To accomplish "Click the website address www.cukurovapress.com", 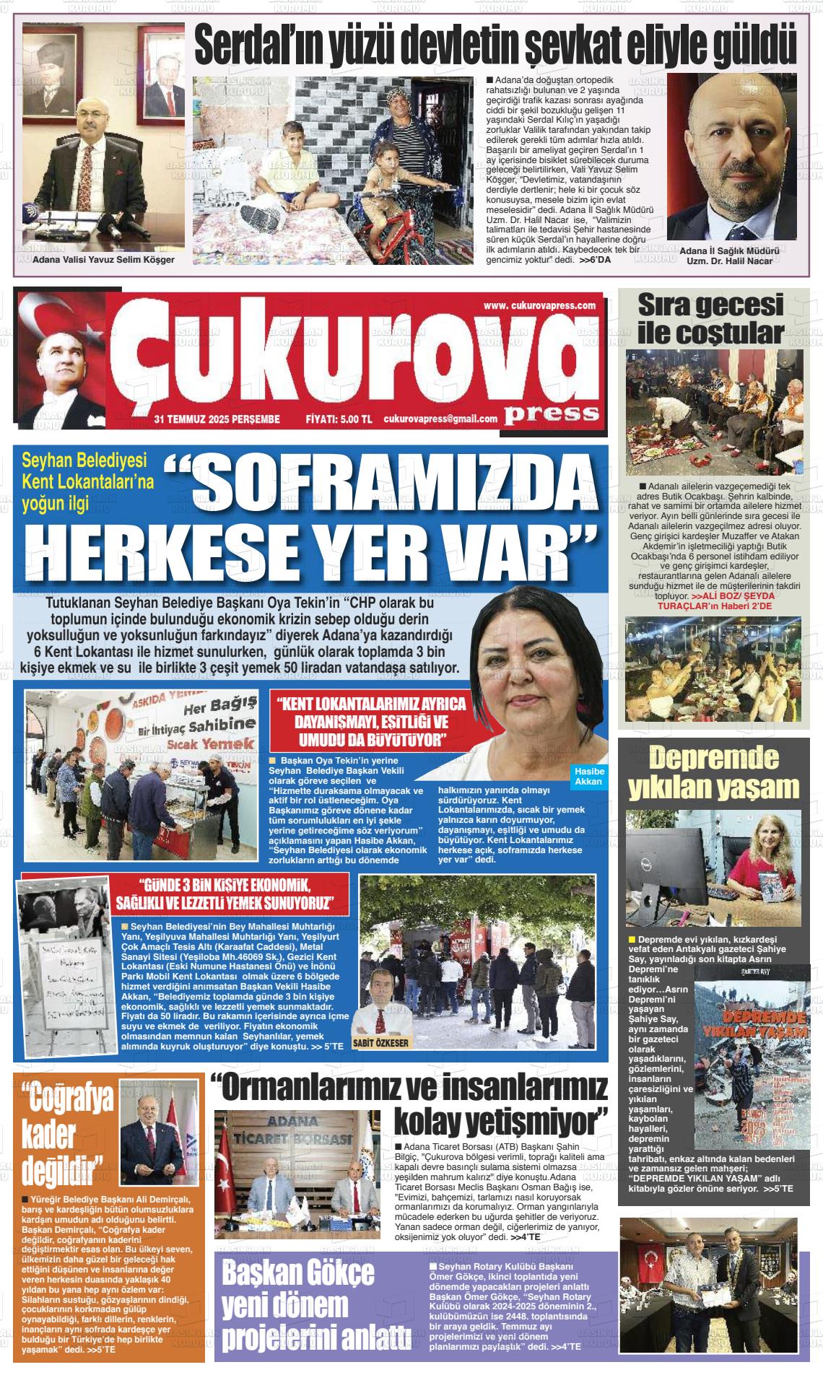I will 541,305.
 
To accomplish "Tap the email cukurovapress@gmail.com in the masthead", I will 440,419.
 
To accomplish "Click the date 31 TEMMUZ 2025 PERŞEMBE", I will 217,419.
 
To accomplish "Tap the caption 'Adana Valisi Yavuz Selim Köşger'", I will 104,259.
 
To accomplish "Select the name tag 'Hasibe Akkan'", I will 588,777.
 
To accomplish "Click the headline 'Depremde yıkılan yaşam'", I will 713,772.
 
